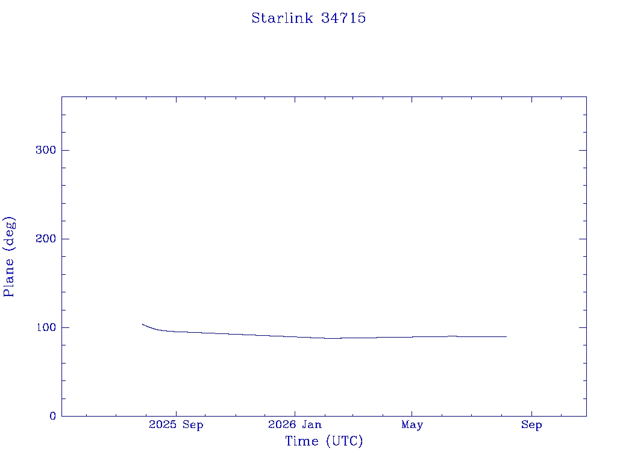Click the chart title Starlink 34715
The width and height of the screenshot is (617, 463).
click(x=308, y=18)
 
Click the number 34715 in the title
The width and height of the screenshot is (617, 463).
click(x=343, y=18)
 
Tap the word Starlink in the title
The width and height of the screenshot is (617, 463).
click(x=282, y=18)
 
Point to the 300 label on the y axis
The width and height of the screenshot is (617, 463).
click(x=46, y=150)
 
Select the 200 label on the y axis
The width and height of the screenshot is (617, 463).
click(x=46, y=239)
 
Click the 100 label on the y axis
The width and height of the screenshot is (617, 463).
click(x=46, y=327)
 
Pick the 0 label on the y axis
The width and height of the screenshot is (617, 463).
click(x=53, y=416)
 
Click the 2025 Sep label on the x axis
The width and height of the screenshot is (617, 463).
click(x=176, y=425)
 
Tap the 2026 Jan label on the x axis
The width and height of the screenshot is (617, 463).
click(x=295, y=424)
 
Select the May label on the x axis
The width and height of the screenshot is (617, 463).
click(x=412, y=425)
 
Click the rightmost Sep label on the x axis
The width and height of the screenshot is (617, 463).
click(x=531, y=425)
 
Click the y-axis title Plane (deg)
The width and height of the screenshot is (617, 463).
click(x=8, y=256)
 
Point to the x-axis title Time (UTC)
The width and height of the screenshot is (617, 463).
click(x=324, y=441)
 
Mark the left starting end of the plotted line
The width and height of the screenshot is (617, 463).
click(x=142, y=324)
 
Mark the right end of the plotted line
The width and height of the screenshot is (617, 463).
click(x=506, y=336)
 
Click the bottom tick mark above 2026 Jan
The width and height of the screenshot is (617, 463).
click(x=295, y=414)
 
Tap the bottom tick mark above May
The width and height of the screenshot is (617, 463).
click(x=412, y=414)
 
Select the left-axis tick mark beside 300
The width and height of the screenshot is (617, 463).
click(x=65, y=150)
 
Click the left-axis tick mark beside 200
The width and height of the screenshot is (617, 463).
click(x=65, y=239)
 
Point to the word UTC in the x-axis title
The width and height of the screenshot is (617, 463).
click(x=344, y=441)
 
